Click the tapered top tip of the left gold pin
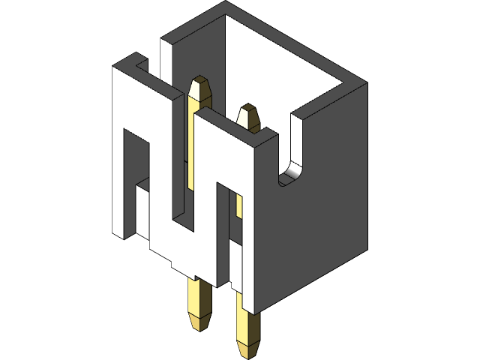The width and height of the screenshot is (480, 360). click(200, 82)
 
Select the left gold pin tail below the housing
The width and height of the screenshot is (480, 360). click(200, 304)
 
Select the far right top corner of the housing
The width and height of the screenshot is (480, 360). click(366, 84)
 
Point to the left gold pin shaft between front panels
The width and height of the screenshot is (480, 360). click(190, 150)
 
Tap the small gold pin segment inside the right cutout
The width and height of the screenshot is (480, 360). click(239, 206)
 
